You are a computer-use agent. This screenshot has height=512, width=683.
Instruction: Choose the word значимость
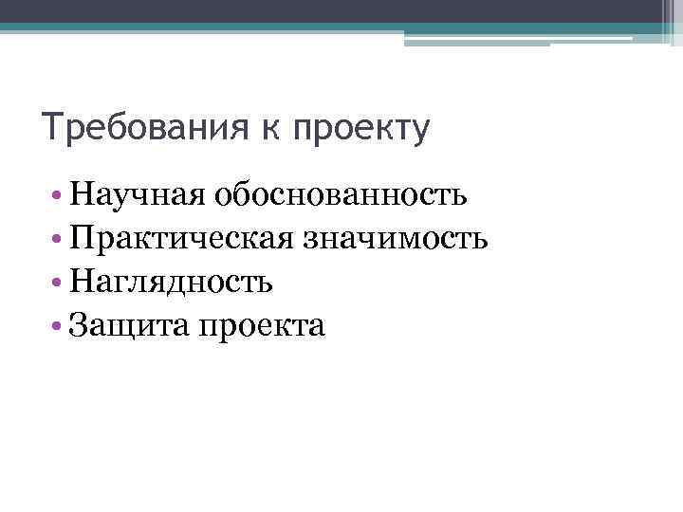(x=396, y=240)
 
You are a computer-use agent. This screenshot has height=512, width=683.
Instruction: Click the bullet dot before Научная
(x=60, y=198)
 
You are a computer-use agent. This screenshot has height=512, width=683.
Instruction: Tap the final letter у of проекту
(x=420, y=132)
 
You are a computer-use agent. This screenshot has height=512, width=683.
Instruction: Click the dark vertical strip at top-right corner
(x=668, y=18)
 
